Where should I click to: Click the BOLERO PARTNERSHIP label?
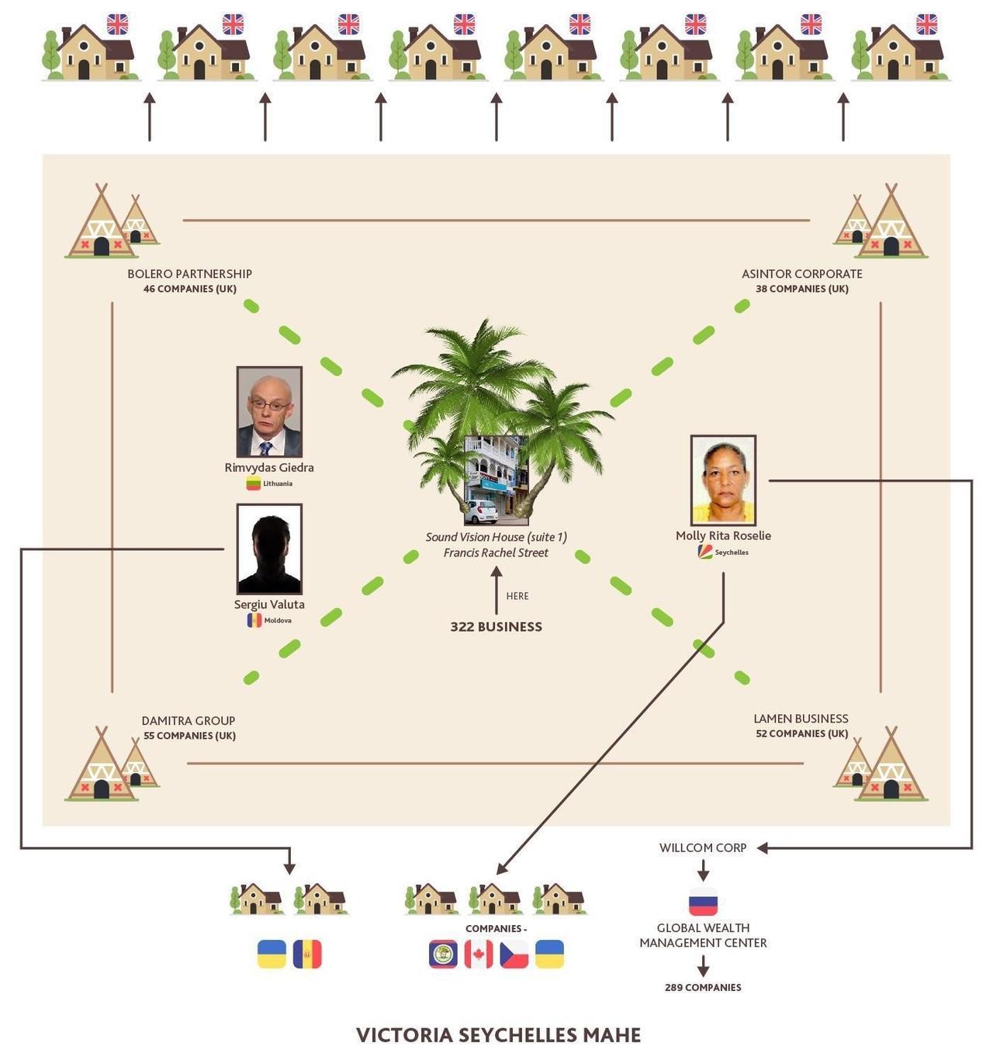(189, 274)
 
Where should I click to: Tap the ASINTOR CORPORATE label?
(801, 274)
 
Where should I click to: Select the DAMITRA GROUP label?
(188, 721)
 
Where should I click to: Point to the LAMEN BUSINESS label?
(801, 719)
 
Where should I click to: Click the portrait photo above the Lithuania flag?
(269, 411)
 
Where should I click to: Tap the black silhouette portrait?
(269, 549)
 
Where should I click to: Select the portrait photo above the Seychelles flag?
(723, 480)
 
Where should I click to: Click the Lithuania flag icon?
(254, 483)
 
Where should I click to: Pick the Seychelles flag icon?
(705, 552)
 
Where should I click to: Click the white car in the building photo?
(480, 511)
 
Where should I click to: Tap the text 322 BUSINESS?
(496, 626)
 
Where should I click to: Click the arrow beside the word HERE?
(496, 590)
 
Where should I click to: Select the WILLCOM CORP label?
(703, 847)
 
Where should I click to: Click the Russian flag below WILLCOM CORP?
(703, 903)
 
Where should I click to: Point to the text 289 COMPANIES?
(703, 987)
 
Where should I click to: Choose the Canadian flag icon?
(479, 955)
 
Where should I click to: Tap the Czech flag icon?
(514, 955)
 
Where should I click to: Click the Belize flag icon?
(443, 955)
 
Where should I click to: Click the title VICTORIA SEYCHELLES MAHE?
(498, 1035)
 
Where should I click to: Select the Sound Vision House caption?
(496, 544)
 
